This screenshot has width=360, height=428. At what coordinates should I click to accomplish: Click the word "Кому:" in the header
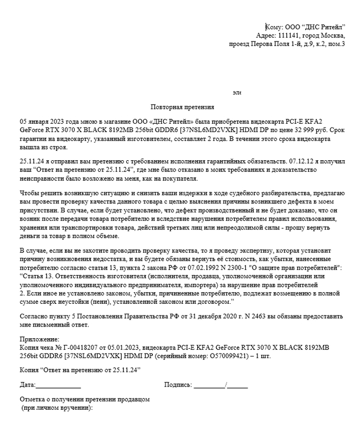275,27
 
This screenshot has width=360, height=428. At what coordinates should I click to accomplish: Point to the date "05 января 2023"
43,120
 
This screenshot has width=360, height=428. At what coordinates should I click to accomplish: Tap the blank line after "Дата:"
58,384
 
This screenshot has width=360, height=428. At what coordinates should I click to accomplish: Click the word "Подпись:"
178,384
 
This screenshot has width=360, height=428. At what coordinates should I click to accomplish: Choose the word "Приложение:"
39,338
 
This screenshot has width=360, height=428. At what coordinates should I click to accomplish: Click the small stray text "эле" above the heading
236,92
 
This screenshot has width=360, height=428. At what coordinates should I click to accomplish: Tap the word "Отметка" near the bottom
33,400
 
